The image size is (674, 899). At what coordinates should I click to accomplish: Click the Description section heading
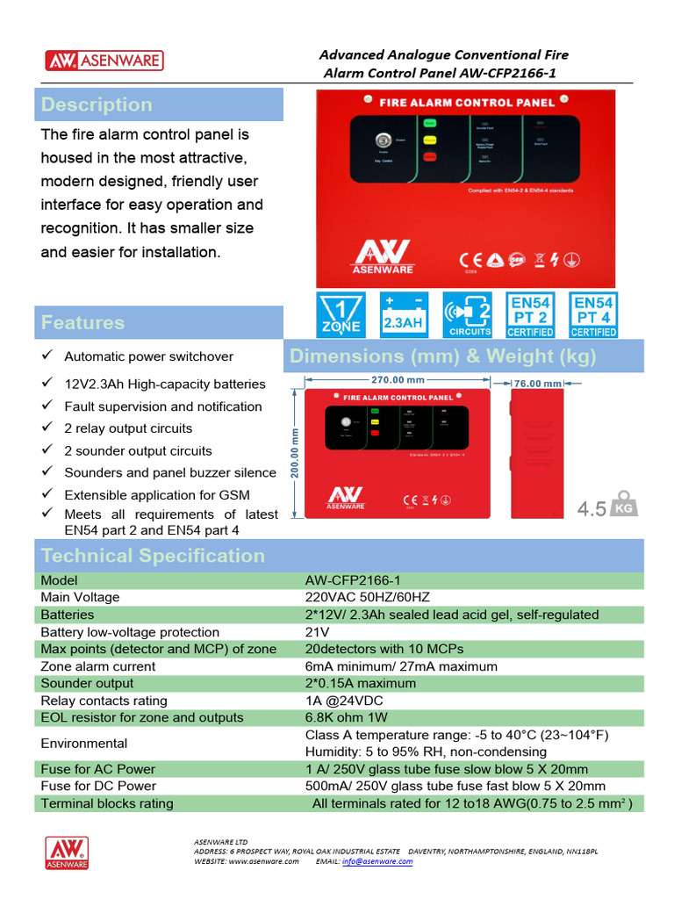pos(97,104)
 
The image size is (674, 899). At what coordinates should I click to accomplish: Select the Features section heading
pos(82,322)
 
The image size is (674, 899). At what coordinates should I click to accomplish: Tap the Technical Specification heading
pos(153,556)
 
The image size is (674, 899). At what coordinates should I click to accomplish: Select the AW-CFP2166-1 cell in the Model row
pos(352,580)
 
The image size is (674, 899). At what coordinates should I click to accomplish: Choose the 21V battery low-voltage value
pos(317,632)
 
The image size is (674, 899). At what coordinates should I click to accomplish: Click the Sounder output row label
pos(87,683)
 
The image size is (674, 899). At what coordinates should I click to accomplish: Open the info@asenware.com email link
pos(377,861)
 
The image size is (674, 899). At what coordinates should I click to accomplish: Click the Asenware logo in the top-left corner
pos(104,61)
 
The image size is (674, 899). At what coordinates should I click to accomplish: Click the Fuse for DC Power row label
pos(98,786)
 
